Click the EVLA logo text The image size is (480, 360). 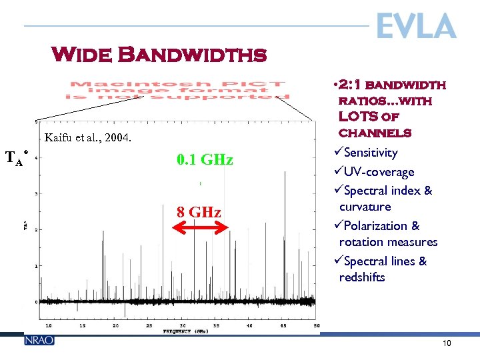coord(416,27)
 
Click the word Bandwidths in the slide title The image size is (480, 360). coord(193,54)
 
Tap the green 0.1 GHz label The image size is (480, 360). coord(205,160)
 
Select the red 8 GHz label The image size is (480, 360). coord(199,213)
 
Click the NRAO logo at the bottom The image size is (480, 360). coord(39,340)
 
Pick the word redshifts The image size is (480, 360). coord(362,277)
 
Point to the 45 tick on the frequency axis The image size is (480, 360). coord(282,325)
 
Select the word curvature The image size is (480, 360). coord(365,207)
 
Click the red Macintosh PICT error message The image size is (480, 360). coord(178,91)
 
